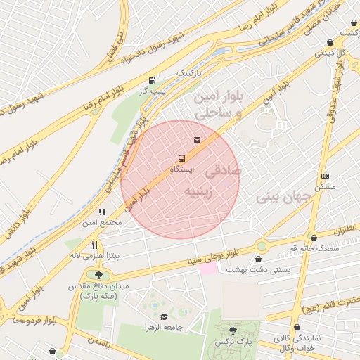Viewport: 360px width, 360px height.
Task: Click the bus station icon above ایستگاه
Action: click(x=181, y=158)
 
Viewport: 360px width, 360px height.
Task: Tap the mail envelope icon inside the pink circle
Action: click(x=197, y=141)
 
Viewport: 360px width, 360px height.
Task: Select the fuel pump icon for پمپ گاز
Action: click(x=153, y=79)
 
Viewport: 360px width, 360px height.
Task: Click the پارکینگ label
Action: click(x=188, y=72)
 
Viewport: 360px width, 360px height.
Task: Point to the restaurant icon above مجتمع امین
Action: click(x=102, y=211)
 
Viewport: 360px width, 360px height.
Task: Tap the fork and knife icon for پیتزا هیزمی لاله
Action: click(x=94, y=245)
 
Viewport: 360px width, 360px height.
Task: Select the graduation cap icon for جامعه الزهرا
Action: click(x=164, y=316)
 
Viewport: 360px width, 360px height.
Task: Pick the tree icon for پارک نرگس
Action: click(x=233, y=330)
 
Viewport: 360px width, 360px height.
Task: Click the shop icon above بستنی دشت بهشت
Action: click(x=259, y=259)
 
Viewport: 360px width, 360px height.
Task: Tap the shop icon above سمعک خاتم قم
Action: click(x=313, y=238)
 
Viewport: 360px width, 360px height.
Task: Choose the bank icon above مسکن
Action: click(x=324, y=176)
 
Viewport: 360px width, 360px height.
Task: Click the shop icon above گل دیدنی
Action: click(x=330, y=43)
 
